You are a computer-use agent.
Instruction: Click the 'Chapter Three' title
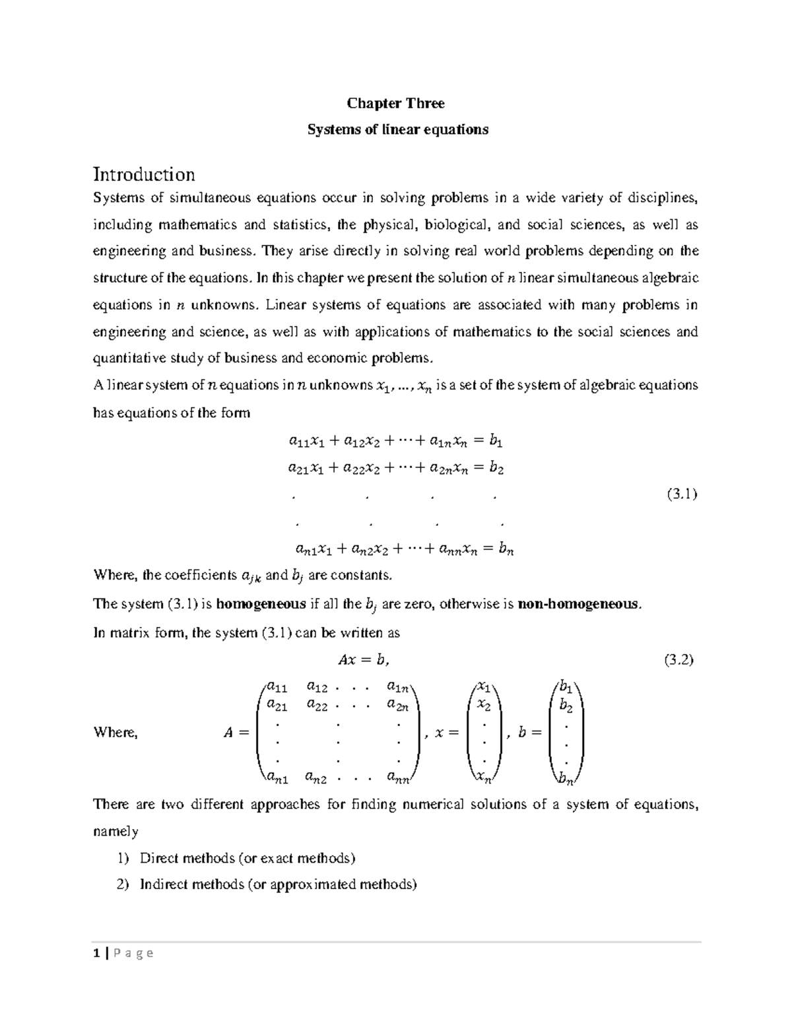point(396,104)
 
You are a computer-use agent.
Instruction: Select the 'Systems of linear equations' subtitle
point(398,130)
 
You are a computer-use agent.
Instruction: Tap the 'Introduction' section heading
point(144,175)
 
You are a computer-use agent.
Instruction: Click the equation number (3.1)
point(682,494)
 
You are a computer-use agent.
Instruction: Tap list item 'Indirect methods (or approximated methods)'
point(278,884)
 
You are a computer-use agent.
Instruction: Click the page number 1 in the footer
point(96,953)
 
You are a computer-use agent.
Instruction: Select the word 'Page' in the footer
point(133,953)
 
